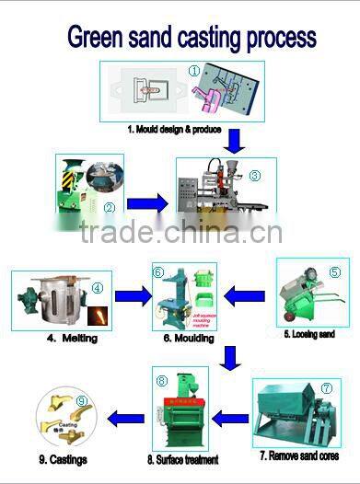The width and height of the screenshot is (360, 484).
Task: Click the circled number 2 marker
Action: pyautogui.click(x=109, y=207)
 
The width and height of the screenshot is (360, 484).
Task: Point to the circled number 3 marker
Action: pyautogui.click(x=255, y=176)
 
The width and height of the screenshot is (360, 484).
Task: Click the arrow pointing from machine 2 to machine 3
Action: pyautogui.click(x=146, y=202)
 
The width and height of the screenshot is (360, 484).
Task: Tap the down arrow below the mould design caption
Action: pyautogui.click(x=236, y=142)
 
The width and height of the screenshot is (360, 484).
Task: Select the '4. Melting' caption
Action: pyautogui.click(x=71, y=339)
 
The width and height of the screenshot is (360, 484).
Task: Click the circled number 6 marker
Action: pyautogui.click(x=158, y=272)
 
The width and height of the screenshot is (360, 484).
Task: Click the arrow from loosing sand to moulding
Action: pyautogui.click(x=244, y=297)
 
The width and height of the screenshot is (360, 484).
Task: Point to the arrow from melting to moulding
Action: pyautogui.click(x=130, y=297)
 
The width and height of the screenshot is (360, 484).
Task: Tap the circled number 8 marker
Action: pyautogui.click(x=161, y=380)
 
